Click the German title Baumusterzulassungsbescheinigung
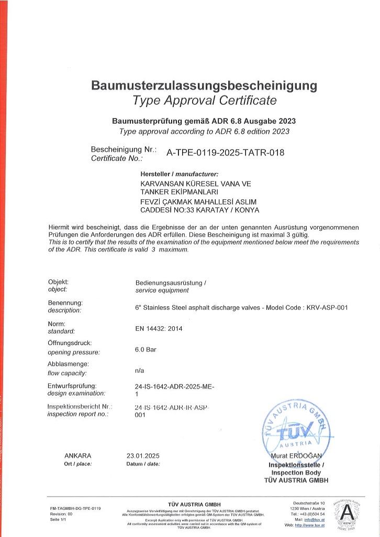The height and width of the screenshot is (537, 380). tap(204, 85)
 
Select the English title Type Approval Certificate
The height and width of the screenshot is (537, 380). tap(204, 100)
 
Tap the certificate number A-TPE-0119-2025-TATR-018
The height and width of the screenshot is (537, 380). tap(225, 153)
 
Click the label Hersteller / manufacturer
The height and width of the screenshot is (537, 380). tap(179, 174)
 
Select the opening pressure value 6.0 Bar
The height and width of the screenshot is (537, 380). tap(146, 349)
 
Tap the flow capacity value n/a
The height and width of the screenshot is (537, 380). tap(139, 370)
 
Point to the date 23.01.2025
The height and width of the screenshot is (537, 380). tap(143, 455)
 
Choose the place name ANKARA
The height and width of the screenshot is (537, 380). tap(77, 455)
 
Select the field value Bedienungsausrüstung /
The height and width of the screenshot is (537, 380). tap(171, 283)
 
